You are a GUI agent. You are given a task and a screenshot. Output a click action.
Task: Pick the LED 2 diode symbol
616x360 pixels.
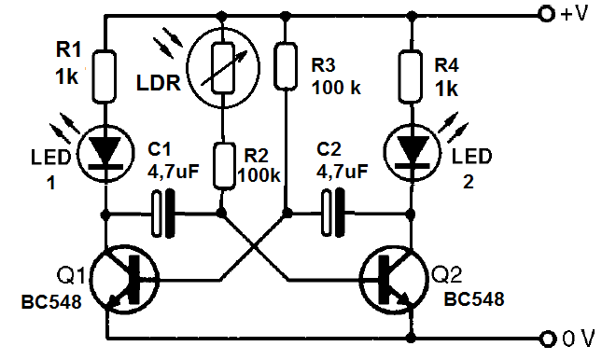click(410, 149)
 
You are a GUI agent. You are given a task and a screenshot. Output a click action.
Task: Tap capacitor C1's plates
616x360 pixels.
click(163, 213)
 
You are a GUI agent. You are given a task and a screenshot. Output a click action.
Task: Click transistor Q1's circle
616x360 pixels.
click(129, 277)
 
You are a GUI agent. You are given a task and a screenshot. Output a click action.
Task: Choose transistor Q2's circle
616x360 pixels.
click(389, 277)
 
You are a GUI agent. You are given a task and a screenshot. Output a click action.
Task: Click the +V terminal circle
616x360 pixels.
click(546, 15)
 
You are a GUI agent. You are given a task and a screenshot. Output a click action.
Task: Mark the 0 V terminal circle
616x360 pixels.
click(546, 337)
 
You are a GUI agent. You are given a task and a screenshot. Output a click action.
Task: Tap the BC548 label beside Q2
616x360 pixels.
click(473, 299)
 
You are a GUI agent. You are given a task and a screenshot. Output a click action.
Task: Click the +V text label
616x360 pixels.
click(576, 16)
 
